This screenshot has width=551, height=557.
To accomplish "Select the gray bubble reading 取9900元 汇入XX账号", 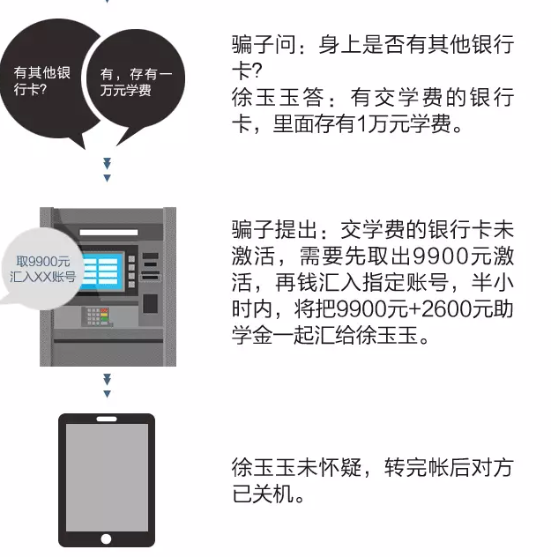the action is (42, 269).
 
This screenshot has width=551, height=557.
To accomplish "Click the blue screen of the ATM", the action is (103, 271).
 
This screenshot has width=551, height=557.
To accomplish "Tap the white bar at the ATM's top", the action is (108, 233).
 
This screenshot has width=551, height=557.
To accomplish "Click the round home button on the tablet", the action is (106, 538).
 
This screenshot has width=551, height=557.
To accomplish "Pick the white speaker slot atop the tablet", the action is (107, 419).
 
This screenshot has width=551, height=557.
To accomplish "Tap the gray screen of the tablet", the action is (107, 478).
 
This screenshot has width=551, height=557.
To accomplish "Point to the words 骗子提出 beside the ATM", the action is (274, 229).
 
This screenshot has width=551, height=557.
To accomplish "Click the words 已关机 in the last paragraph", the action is (264, 494).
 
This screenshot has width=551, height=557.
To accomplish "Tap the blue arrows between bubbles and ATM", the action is (107, 170).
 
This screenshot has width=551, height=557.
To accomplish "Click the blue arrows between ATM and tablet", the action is (107, 386).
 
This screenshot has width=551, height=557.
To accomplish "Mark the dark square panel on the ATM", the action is (150, 303).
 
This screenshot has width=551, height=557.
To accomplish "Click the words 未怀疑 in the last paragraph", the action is (329, 467).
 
